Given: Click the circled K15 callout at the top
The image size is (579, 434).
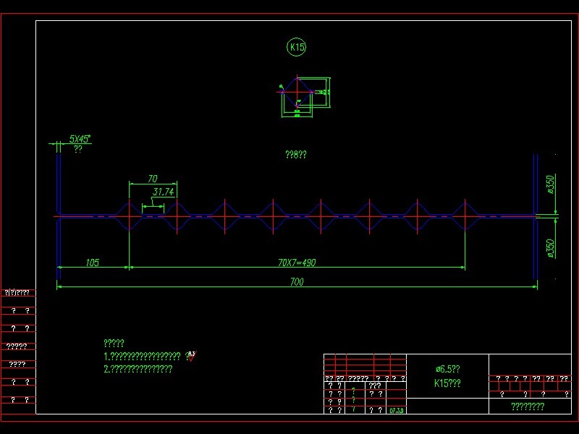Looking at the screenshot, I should pos(297,48).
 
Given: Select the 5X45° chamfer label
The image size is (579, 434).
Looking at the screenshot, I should pos(80,138).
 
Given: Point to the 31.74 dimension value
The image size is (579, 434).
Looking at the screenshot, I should pos(164,192).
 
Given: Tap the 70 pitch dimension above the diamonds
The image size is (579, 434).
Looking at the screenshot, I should pos(152,179).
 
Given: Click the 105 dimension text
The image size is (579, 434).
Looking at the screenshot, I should pos(92,263).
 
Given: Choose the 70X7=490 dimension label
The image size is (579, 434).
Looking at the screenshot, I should pos(297,263).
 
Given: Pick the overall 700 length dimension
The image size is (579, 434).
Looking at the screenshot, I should pos(296,282).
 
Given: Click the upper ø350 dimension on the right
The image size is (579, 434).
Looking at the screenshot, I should pos(550,184).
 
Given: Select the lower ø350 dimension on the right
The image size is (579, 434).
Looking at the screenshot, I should pos(550,248).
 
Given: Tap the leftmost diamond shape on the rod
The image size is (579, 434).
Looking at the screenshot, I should pos(129,216).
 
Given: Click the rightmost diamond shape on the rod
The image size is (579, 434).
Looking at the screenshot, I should pos(465,216).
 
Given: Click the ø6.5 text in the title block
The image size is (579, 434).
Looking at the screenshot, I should pos(447,369).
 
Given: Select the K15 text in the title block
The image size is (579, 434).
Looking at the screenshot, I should pos(447,383).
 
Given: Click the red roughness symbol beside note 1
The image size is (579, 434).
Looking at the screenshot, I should pos(191,355).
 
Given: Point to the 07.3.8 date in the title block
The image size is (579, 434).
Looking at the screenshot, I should pos(397,410).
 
